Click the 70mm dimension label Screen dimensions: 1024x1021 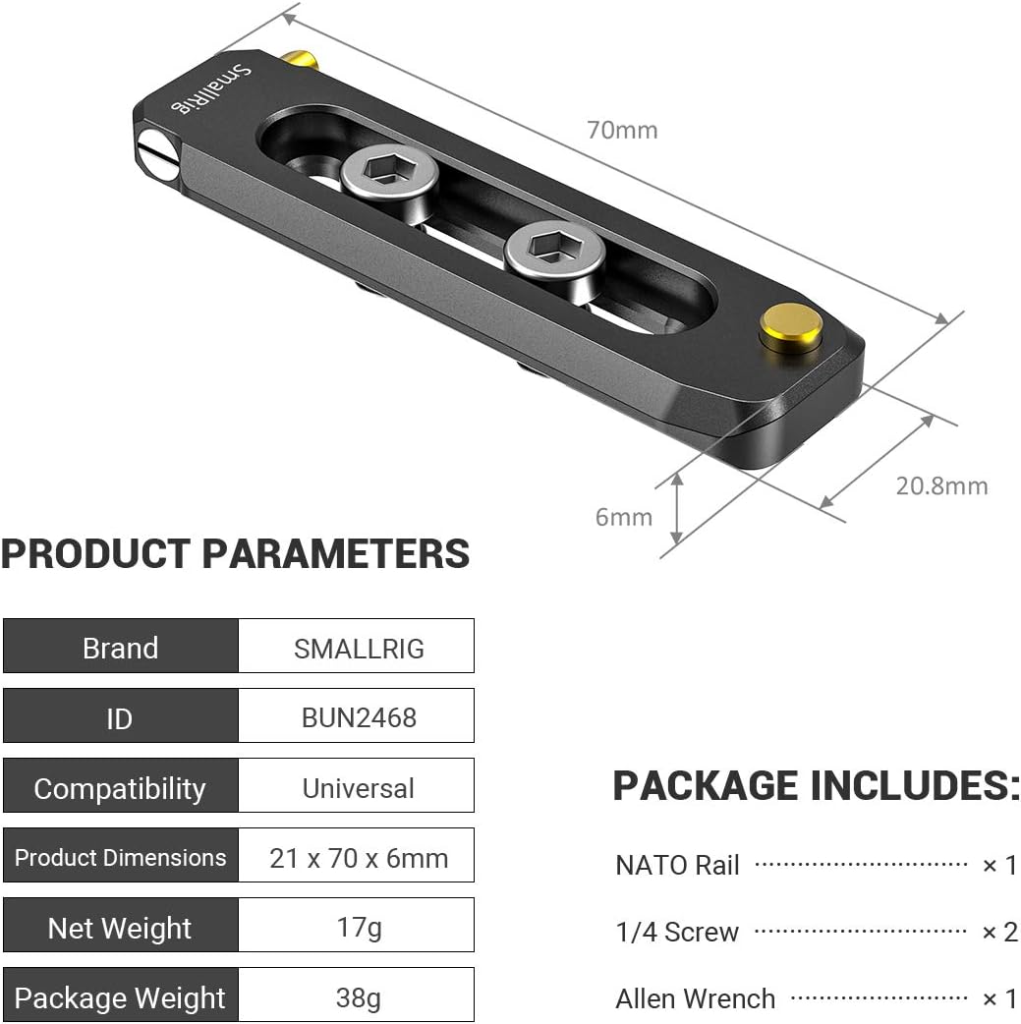pyautogui.click(x=622, y=130)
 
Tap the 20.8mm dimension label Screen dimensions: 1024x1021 pyautogui.click(x=940, y=485)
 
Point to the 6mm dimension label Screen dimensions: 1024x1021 pyautogui.click(x=623, y=517)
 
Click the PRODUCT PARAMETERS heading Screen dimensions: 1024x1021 pyautogui.click(x=236, y=554)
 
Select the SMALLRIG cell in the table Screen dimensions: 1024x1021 pyautogui.click(x=358, y=648)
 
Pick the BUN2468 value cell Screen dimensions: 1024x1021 pyautogui.click(x=358, y=717)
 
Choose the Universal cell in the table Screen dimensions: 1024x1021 pyautogui.click(x=358, y=788)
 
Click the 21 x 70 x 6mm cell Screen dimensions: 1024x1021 pyautogui.click(x=358, y=858)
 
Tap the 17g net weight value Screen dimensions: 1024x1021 pyautogui.click(x=358, y=927)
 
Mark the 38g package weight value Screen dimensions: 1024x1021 pyautogui.click(x=358, y=997)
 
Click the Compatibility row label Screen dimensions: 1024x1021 pyautogui.click(x=120, y=788)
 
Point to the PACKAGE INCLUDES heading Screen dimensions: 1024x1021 pyautogui.click(x=816, y=786)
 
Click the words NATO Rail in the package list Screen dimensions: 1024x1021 pyautogui.click(x=677, y=866)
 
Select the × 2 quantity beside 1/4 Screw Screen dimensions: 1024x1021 pyautogui.click(x=999, y=932)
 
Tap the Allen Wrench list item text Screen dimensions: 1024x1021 pyautogui.click(x=695, y=999)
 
